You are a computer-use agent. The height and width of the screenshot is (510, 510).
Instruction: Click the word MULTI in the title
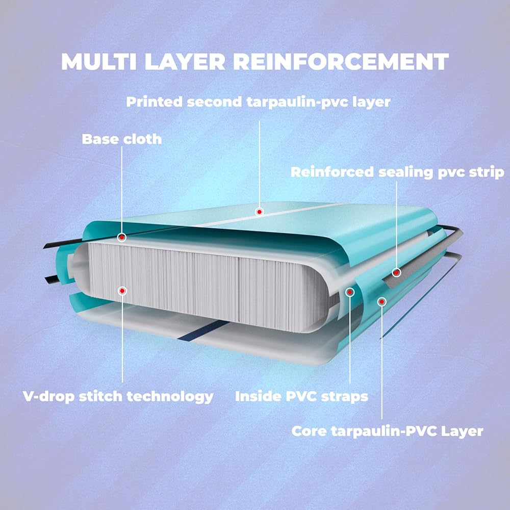(99, 62)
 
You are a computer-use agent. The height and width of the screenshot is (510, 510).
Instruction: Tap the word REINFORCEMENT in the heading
(341, 62)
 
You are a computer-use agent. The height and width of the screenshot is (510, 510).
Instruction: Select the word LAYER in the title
(185, 62)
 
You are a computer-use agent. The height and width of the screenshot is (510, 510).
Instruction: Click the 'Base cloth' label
(122, 139)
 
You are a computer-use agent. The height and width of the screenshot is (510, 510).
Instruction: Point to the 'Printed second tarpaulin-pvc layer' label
(258, 102)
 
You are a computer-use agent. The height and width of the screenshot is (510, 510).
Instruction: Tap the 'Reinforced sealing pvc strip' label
(397, 172)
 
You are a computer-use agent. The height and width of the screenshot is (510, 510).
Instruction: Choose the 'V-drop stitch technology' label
(118, 397)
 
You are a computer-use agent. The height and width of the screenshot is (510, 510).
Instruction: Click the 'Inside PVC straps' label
(301, 396)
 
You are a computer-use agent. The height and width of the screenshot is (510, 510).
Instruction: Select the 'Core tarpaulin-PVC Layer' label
(388, 431)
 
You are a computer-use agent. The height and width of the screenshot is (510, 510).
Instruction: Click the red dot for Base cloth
(122, 238)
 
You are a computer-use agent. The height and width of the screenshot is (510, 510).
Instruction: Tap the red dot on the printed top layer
(259, 212)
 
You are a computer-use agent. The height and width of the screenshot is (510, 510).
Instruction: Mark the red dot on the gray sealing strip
(396, 272)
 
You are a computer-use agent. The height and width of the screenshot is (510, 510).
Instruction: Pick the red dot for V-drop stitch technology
(122, 291)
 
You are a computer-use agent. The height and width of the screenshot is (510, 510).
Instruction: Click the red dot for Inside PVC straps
(350, 292)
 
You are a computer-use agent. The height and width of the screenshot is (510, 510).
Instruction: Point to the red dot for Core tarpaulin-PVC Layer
(382, 302)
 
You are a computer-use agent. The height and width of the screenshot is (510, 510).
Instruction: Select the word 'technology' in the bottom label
(170, 397)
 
